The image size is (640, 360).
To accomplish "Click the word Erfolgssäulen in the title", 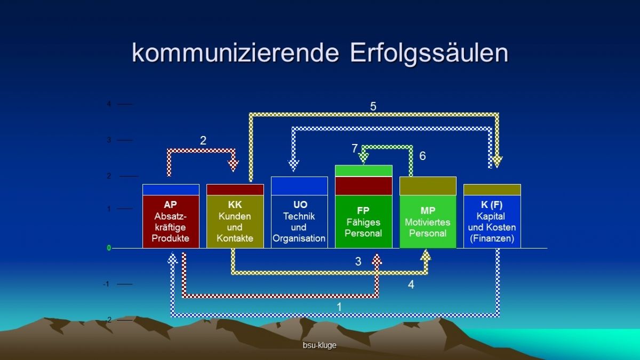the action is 429,53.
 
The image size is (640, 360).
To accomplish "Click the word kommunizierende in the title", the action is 235,53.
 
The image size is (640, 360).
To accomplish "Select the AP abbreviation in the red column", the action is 170,205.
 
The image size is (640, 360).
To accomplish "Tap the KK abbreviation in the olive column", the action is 235,205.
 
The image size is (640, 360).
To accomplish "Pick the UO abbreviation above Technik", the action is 300,205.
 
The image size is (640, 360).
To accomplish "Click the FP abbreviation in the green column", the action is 363,211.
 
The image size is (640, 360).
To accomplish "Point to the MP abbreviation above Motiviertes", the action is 428,211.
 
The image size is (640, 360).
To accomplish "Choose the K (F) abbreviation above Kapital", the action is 492,205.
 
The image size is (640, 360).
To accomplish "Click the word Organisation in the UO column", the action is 299,238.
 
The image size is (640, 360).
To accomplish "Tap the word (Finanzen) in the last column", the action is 492,238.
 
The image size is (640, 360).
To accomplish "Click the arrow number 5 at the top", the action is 373,107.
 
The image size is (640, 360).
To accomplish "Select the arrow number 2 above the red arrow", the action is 203,140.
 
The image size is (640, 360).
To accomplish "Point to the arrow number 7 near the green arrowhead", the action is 355,148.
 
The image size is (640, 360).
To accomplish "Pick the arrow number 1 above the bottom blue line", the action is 339,307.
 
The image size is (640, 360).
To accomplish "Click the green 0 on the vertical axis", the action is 109,248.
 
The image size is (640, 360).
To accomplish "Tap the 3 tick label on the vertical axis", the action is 109,140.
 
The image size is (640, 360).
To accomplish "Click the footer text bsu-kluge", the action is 319,346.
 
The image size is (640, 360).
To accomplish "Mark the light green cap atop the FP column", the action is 363,171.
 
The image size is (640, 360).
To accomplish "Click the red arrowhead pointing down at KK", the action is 233,166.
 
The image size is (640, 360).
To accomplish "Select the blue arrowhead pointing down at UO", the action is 293,165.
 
